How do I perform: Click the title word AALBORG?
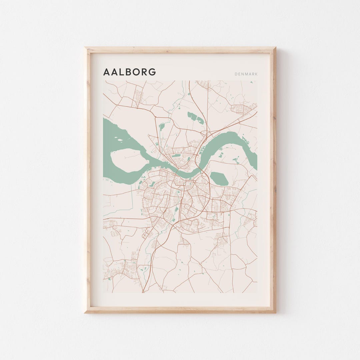click(x=129, y=72)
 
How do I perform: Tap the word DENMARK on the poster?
click(x=246, y=74)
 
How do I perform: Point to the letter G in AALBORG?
click(x=152, y=72)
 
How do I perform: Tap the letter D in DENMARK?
click(x=236, y=74)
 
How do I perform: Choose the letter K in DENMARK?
click(x=256, y=74)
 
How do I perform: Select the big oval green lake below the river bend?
click(x=219, y=179)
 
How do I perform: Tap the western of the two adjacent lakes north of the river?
click(x=192, y=116)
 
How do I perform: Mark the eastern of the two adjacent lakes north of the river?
click(x=201, y=120)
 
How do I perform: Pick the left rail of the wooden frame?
click(x=87, y=180)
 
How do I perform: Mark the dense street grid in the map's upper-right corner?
click(x=241, y=109)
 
